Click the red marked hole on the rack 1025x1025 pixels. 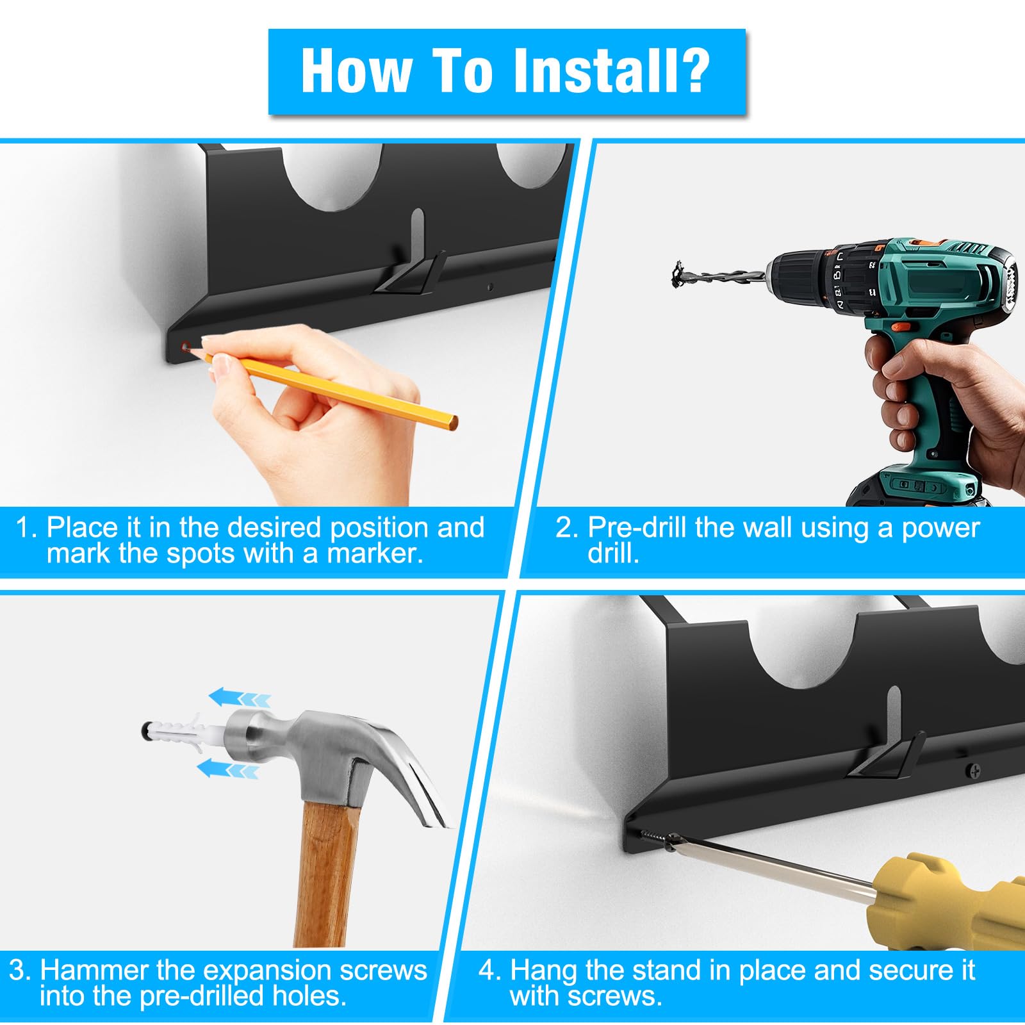click(186, 347)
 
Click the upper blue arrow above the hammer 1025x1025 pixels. click(240, 698)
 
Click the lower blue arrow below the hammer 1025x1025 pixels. click(228, 768)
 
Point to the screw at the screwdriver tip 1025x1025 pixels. click(653, 835)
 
